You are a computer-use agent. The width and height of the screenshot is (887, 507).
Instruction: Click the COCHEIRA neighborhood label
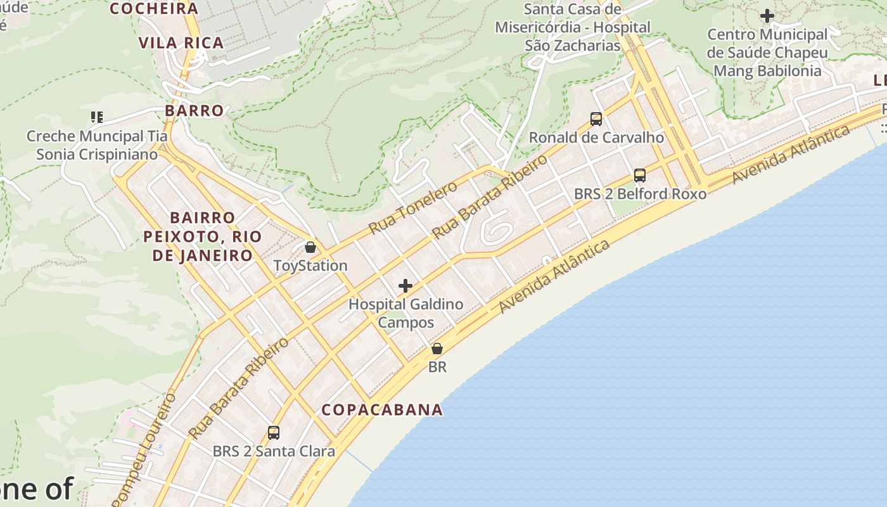tap(154, 9)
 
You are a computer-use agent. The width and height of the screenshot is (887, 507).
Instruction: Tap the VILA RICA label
tap(181, 43)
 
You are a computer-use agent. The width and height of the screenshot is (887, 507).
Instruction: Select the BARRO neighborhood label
tap(195, 110)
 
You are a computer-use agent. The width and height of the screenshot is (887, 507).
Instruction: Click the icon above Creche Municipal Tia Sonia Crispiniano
tap(97, 117)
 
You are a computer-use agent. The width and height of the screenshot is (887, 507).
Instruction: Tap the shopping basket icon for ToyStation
tap(310, 247)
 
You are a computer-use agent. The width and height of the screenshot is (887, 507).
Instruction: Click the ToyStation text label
tap(310, 266)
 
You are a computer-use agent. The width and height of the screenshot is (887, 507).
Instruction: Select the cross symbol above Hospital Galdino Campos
tap(405, 286)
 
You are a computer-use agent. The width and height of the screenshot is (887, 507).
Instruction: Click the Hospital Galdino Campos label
tap(406, 313)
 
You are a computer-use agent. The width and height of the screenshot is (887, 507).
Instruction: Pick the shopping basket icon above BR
tap(437, 349)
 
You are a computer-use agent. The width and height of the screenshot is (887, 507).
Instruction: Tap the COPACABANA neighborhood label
tap(382, 409)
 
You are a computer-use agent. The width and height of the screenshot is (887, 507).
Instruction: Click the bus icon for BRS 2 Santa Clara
tap(274, 433)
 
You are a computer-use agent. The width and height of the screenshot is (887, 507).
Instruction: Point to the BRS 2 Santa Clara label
tap(274, 451)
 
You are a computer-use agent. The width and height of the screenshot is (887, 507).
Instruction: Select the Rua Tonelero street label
tap(412, 207)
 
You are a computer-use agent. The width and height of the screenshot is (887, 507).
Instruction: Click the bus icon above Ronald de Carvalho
tap(596, 119)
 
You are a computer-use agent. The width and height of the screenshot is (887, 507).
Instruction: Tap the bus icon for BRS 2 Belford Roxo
tap(640, 176)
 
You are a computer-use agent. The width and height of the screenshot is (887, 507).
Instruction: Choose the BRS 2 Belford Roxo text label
tap(640, 193)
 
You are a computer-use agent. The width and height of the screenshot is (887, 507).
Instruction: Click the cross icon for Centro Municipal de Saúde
tap(767, 15)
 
